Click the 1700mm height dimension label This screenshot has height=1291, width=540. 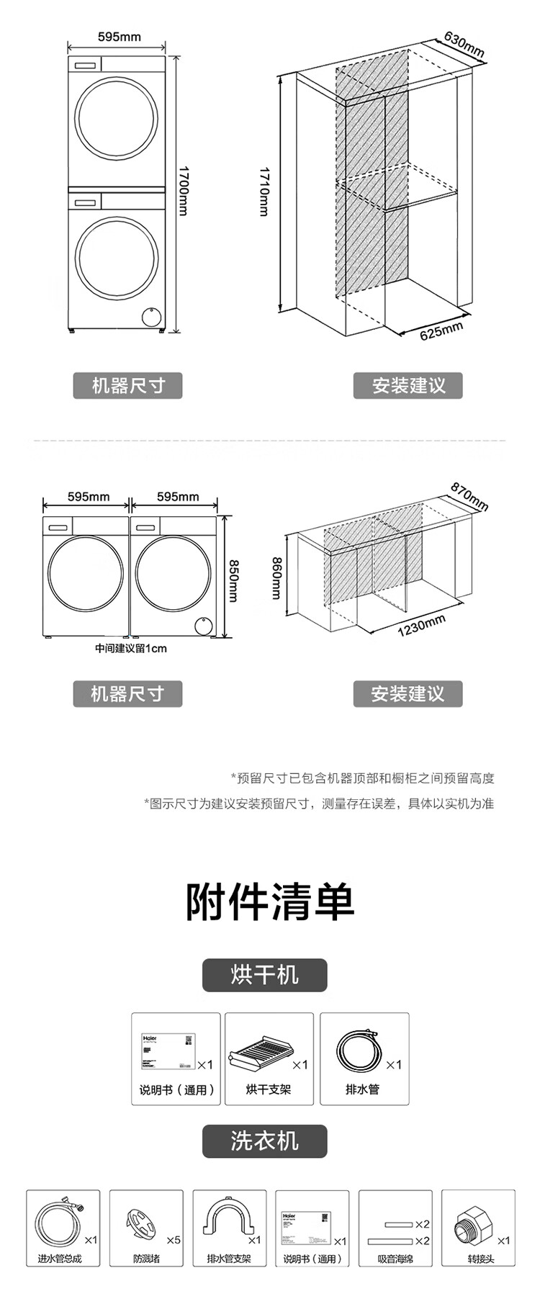(x=184, y=191)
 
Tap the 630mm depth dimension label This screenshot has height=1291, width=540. (x=464, y=45)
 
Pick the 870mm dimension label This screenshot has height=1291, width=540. (x=469, y=497)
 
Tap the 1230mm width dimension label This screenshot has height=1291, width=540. (x=421, y=626)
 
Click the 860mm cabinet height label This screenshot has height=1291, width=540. (x=276, y=577)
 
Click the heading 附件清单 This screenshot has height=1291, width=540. (x=270, y=901)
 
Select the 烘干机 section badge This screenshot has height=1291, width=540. (x=264, y=975)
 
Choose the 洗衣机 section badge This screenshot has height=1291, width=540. (x=264, y=1141)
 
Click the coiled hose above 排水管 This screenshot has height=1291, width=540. (x=358, y=1052)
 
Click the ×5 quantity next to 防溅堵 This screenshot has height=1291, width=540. (x=174, y=1240)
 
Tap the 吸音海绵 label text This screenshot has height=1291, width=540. (x=395, y=1259)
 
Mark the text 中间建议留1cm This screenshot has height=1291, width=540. (x=131, y=648)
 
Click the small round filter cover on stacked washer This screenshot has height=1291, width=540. (x=151, y=316)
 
